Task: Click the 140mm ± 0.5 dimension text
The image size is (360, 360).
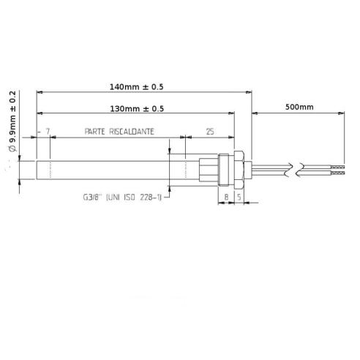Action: pyautogui.click(x=135, y=86)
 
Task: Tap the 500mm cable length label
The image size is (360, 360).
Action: pyautogui.click(x=298, y=107)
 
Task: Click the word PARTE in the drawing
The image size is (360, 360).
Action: pyautogui.click(x=96, y=133)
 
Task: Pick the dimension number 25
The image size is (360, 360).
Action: pyautogui.click(x=210, y=133)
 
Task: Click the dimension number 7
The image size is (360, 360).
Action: pyautogui.click(x=48, y=133)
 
